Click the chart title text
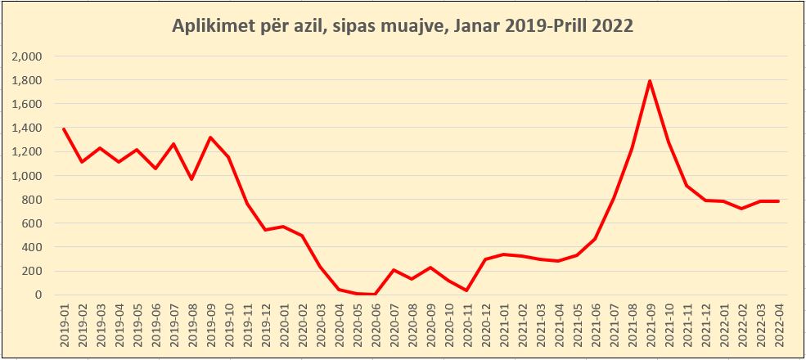click(403, 25)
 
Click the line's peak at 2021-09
click(650, 81)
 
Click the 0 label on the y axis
click(38, 295)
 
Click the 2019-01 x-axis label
click(64, 327)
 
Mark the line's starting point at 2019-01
click(64, 129)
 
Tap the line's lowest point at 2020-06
click(375, 294)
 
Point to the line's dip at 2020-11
click(467, 290)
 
